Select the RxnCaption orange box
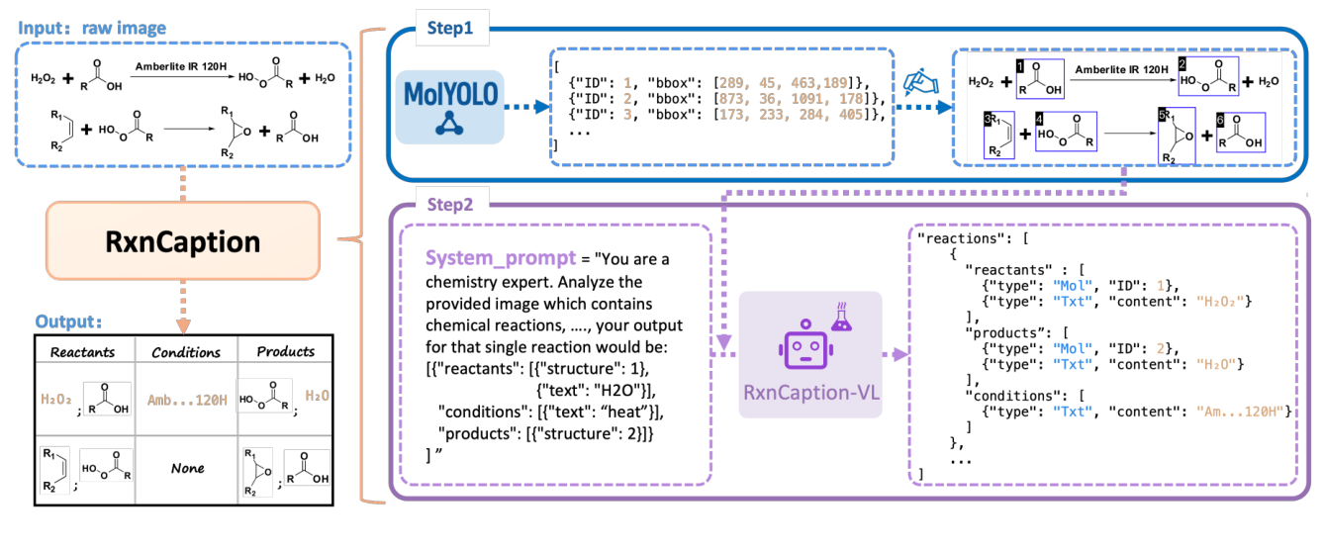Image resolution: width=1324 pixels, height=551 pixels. [x=183, y=241]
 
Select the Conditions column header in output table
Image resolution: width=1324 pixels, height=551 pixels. [x=186, y=351]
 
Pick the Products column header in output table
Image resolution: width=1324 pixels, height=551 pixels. [x=285, y=351]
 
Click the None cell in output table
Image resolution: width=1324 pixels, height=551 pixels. [x=186, y=468]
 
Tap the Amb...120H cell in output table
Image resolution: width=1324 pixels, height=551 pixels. [x=186, y=397]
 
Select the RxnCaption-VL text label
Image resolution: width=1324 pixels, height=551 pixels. [x=809, y=392]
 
